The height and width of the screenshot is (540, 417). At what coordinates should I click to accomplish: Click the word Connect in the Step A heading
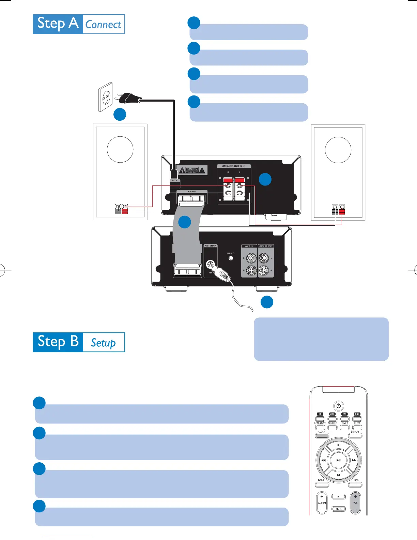103,25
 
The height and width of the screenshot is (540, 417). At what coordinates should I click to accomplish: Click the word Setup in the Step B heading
103,343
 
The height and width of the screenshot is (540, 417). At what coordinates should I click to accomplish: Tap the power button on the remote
338,406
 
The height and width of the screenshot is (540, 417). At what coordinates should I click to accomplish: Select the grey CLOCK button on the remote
322,436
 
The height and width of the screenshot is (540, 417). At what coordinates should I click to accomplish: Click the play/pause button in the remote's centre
338,460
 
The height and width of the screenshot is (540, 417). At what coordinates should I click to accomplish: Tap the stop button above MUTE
338,497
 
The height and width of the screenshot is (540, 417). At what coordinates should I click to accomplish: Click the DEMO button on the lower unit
231,258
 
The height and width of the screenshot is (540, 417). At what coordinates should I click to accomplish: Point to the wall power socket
106,97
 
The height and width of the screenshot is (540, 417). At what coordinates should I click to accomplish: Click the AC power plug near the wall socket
129,99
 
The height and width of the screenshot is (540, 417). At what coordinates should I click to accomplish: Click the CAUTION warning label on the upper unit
192,170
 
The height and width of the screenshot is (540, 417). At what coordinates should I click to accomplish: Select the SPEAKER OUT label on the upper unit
234,166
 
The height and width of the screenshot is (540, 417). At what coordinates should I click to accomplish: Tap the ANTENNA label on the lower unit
210,246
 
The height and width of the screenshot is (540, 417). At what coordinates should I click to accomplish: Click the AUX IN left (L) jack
251,258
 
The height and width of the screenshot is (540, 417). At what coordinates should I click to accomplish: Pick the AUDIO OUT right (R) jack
263,271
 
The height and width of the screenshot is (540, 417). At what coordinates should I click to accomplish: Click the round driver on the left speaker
120,150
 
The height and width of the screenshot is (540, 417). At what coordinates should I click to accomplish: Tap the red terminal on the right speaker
342,209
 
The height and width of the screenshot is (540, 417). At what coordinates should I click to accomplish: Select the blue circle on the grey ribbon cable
184,222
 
